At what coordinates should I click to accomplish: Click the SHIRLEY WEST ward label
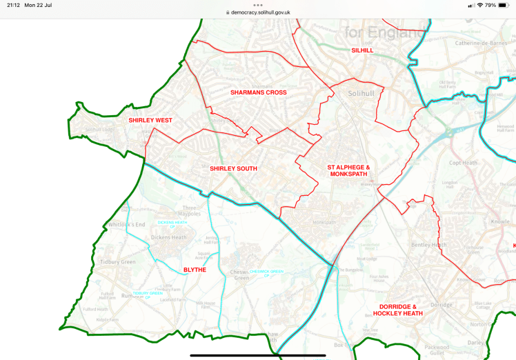point(150,121)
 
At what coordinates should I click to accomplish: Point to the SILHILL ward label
point(361,51)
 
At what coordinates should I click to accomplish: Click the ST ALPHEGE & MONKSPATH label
point(348,172)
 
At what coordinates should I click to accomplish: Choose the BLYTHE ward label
point(195,270)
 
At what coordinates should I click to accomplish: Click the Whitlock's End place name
point(126,225)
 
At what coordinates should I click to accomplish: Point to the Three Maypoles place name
point(190,210)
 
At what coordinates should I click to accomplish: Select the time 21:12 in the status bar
point(13,5)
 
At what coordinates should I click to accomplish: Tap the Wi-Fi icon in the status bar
point(479,5)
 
